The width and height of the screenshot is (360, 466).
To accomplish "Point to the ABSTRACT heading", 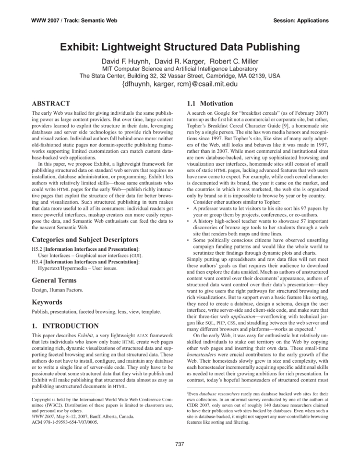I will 43,103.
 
